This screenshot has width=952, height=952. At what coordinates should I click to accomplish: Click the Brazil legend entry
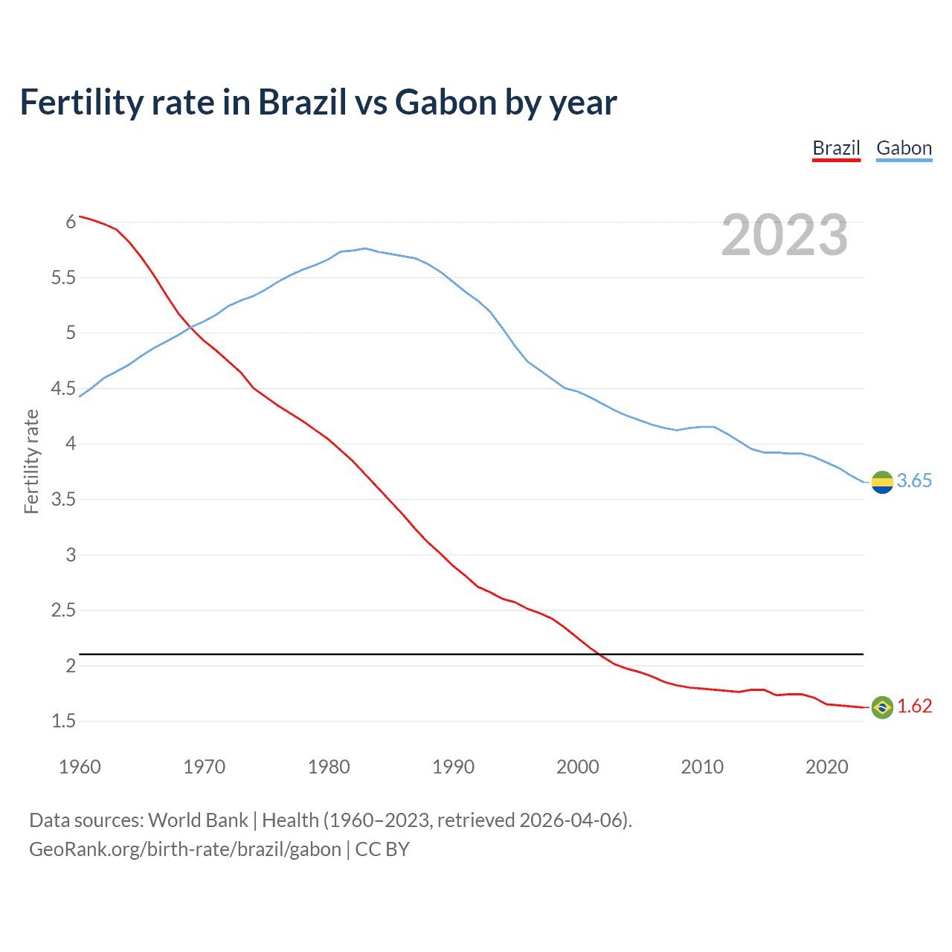[836, 148]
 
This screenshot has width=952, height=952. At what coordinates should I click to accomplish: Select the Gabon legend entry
[904, 148]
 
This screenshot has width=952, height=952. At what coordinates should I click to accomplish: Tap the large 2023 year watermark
[785, 235]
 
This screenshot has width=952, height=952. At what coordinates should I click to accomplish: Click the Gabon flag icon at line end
[882, 482]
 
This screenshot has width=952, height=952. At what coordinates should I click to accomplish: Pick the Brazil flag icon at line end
[882, 707]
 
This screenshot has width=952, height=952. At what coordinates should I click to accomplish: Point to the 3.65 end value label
[914, 481]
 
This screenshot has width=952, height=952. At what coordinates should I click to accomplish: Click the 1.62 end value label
[914, 707]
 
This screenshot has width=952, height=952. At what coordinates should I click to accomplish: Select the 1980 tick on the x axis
[329, 767]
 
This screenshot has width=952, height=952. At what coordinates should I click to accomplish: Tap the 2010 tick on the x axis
[702, 767]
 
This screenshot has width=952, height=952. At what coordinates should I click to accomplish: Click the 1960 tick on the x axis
[80, 767]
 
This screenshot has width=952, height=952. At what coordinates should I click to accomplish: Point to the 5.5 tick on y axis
[63, 278]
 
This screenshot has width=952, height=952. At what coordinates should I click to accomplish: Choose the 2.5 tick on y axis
[63, 611]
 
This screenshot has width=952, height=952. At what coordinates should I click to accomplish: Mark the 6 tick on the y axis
[71, 222]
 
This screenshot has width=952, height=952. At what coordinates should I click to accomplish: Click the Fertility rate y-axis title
[31, 461]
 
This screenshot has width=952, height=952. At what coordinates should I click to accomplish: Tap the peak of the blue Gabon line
[365, 248]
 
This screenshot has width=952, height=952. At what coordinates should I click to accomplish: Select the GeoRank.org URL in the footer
[185, 849]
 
